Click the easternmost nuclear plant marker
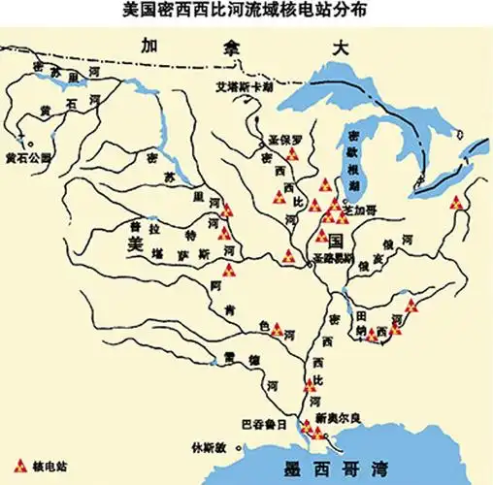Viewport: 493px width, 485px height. tap(456, 204)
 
